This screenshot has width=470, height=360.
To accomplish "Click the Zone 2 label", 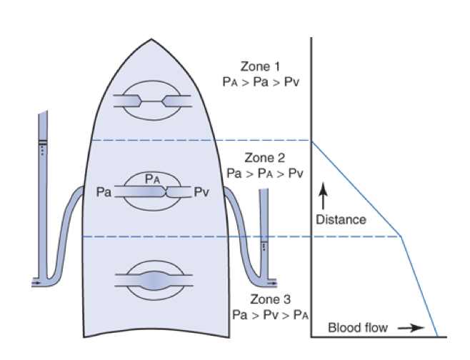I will point(264,158).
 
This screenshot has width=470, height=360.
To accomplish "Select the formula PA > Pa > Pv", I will point(261,82).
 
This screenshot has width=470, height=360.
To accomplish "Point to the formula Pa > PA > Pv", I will point(264,173).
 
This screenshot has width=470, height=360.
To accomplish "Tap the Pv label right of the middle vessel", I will point(202,191).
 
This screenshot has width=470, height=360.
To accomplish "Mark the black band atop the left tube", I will point(44,139).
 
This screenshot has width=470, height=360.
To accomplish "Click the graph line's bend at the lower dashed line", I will point(401,236).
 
